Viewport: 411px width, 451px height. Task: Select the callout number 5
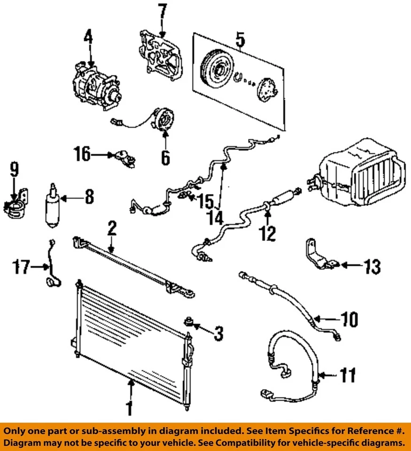(x=240, y=40)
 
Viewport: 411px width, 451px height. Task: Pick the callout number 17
(x=21, y=267)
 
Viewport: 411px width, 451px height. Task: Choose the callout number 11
(x=348, y=375)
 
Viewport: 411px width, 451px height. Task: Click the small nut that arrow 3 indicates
(x=188, y=321)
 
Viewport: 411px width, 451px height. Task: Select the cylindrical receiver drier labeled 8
(x=52, y=206)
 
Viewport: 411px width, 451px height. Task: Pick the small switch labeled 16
(x=125, y=158)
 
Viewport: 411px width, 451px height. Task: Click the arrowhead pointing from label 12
(x=268, y=213)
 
